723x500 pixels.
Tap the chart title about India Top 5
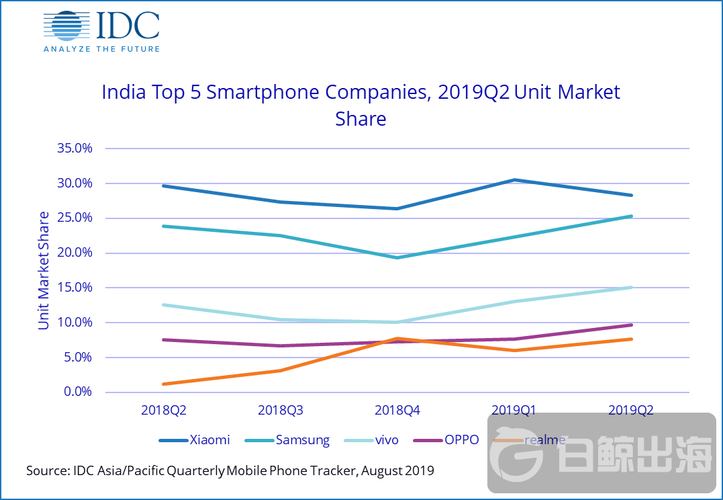pos(360,105)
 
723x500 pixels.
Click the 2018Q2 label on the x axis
pos(163,410)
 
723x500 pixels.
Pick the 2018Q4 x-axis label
pos(397,410)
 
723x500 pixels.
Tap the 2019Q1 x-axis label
pos(514,410)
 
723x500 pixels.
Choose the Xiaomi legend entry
pos(195,440)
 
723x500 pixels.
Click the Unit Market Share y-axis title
pos(44,270)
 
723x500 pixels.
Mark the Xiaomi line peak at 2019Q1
pos(514,180)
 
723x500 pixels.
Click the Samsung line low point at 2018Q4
pos(397,257)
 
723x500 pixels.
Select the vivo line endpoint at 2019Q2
pos(631,288)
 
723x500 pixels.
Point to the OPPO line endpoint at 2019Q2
pos(631,325)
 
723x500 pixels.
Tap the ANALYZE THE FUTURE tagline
pos(101,48)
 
